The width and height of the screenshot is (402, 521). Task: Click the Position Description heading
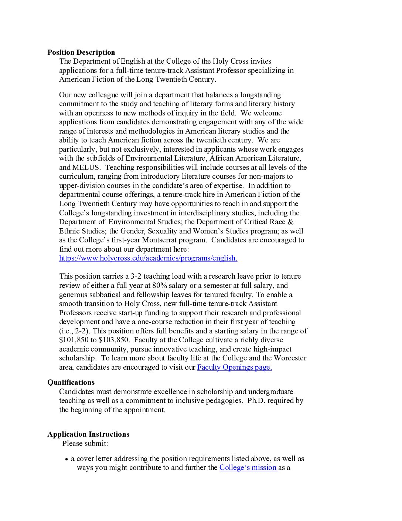(x=81, y=52)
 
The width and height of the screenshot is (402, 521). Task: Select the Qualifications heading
(x=71, y=382)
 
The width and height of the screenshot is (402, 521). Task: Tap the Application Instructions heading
(x=88, y=434)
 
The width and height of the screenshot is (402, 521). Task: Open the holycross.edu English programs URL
(x=148, y=258)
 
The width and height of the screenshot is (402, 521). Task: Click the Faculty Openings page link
(x=234, y=367)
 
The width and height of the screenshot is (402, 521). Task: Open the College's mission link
(x=248, y=467)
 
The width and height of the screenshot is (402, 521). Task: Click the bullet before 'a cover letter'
(x=67, y=459)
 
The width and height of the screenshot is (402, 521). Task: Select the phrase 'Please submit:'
(x=85, y=443)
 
